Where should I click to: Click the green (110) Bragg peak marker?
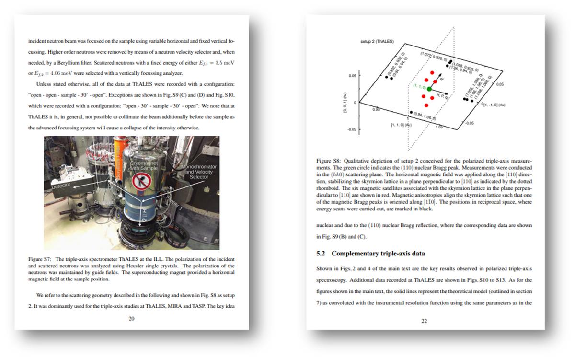point(429,89)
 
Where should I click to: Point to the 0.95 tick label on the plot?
point(376,109)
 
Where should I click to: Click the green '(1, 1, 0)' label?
point(419,85)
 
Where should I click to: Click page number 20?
point(131,318)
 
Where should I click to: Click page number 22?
point(424,321)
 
